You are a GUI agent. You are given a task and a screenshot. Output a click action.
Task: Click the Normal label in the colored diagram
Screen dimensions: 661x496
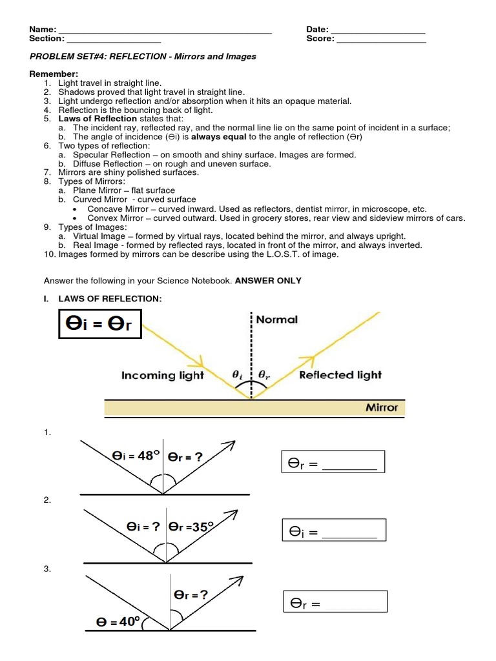pos(277,320)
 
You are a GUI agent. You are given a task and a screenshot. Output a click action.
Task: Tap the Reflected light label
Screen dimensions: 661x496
pos(340,375)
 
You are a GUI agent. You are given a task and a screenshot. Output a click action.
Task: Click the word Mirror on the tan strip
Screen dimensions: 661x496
pos(382,408)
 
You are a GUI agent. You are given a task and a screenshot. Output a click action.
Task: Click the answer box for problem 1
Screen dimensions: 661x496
pos(333,462)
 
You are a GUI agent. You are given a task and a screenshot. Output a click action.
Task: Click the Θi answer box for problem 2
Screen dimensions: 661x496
pos(334,531)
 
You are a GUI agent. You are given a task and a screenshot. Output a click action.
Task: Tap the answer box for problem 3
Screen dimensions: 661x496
pos(335,602)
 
